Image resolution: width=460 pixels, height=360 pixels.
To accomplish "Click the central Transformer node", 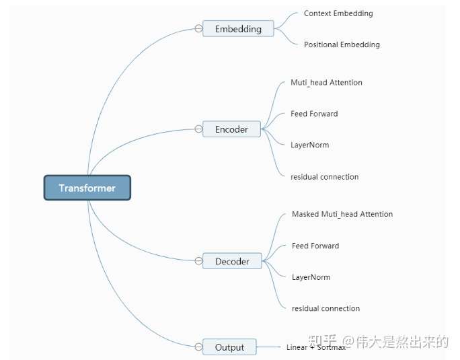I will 87,188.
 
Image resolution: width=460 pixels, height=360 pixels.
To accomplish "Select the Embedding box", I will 238,29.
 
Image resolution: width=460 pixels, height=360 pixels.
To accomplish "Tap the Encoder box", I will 231,129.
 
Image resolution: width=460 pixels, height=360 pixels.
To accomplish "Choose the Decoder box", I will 232,261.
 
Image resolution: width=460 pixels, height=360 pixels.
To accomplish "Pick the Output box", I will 229,347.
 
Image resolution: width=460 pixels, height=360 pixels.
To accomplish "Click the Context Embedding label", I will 338,13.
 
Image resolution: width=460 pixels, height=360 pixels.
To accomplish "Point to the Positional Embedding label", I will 342,44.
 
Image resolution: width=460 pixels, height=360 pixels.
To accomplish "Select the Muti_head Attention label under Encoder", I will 326,83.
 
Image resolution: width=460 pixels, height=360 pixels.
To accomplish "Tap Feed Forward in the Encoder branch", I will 314,114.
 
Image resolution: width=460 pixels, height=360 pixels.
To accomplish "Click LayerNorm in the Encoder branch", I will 309,145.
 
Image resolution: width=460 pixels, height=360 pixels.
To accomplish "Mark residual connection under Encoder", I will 324,177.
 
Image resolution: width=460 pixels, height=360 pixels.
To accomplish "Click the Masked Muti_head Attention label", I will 342,214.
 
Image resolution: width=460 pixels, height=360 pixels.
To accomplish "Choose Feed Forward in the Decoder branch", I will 315,246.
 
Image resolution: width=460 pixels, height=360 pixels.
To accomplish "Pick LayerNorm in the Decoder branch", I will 311,277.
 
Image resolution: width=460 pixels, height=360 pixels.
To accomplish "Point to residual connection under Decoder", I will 325,308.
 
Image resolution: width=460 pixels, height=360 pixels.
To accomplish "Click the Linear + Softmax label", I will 315,347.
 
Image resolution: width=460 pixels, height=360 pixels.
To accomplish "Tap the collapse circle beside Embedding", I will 198,29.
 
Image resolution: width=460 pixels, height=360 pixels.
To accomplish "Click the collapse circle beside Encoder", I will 198,129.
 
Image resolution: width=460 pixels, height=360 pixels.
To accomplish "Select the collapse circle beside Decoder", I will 198,260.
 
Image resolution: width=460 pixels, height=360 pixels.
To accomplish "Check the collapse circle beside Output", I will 198,347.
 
